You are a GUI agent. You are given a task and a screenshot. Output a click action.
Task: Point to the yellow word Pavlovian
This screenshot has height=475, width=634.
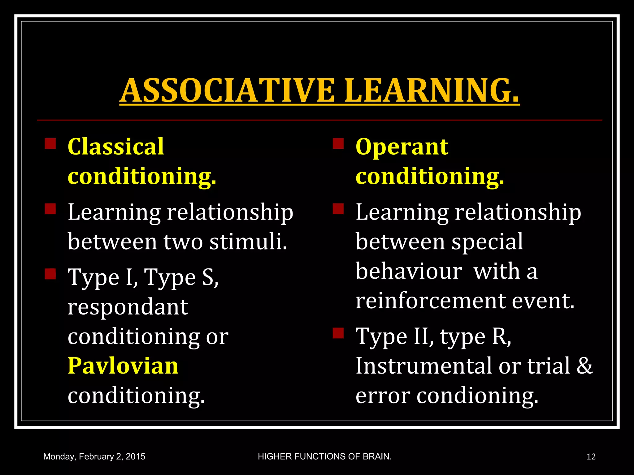click(x=123, y=366)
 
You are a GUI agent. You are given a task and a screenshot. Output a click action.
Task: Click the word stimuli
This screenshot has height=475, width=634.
click(x=248, y=242)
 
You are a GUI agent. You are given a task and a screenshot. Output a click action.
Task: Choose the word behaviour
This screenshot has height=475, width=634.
click(x=409, y=271)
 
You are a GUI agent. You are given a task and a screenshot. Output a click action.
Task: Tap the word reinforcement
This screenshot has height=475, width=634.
click(x=430, y=301)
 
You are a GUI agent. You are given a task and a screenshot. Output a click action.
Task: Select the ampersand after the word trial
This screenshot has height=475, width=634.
click(x=584, y=366)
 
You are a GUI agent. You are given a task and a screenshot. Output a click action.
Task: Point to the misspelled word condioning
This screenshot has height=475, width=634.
click(x=477, y=396)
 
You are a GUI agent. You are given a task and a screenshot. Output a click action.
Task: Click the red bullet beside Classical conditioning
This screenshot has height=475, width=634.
click(x=50, y=144)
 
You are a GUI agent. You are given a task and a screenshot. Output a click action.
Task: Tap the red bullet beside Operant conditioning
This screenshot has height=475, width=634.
click(x=338, y=144)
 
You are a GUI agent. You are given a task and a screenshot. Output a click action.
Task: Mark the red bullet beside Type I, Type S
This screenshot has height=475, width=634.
click(x=50, y=274)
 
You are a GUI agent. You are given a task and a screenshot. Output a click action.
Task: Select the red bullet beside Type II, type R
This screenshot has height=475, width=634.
click(x=338, y=333)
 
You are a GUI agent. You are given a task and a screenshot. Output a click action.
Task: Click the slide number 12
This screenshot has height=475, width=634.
click(x=591, y=456)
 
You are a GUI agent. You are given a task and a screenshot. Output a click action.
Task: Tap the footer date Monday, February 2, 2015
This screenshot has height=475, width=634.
click(x=94, y=456)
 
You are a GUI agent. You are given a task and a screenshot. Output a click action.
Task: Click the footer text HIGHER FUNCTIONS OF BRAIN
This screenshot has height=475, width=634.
click(x=325, y=456)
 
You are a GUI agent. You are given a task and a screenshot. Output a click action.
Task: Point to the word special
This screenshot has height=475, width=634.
click(x=487, y=242)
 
